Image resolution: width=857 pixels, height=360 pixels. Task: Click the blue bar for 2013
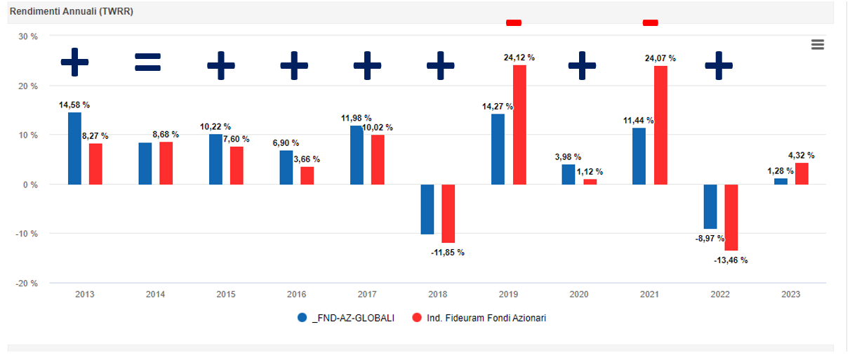pos(74,148)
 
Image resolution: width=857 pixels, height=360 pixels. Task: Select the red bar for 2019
pos(519,125)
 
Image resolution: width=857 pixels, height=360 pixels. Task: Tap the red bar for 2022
pos(731,218)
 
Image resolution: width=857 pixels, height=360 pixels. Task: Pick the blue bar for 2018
pos(427,209)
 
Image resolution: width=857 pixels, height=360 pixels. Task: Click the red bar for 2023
pos(802,173)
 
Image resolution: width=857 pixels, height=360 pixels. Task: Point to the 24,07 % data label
pos(660,58)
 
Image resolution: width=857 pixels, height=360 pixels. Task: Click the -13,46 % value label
pos(731,260)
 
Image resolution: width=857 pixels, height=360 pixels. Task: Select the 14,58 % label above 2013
pos(74,105)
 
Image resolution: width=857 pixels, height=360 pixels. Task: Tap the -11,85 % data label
pos(448,253)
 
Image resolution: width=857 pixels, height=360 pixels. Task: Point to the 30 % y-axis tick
pos(28,36)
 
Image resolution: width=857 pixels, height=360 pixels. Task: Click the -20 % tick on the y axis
pos(27,284)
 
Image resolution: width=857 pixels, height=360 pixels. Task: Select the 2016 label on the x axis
pos(297,295)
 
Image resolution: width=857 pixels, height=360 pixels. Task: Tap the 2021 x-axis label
pos(649,295)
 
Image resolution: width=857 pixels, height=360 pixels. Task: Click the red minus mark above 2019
pos(514,22)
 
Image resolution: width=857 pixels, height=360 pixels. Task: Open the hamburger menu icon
pos(817,45)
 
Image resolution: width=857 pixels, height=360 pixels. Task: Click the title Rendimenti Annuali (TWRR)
pos(72,12)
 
